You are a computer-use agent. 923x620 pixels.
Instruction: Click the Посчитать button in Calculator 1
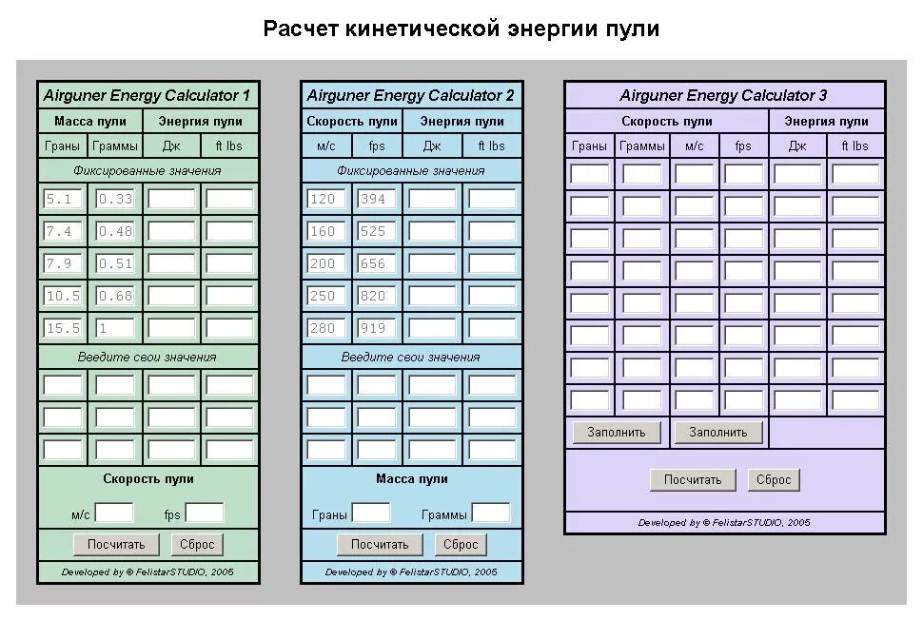116,545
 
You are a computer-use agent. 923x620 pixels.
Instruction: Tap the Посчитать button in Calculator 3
693,480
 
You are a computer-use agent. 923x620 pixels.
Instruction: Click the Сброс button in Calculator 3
774,480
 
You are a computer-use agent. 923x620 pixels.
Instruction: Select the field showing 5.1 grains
64,200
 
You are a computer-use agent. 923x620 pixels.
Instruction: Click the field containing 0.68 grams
115,296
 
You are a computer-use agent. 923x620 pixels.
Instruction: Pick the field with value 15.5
64,328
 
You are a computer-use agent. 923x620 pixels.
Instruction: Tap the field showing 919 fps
377,328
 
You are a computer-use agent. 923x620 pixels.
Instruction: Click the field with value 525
377,231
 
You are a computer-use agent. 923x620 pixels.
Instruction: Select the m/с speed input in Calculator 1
114,513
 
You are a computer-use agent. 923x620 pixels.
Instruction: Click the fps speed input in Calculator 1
204,513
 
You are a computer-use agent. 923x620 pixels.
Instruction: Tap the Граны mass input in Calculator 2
371,513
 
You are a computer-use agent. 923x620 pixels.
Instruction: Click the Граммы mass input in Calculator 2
491,513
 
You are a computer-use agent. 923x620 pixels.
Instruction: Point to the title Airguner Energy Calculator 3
723,95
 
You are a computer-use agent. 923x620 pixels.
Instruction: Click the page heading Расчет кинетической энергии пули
461,29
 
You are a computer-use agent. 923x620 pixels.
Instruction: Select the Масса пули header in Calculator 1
90,121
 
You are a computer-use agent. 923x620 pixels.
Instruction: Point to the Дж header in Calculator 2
432,146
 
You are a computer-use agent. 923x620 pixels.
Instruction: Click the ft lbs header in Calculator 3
854,146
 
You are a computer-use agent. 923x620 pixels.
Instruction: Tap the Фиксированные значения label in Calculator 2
411,171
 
